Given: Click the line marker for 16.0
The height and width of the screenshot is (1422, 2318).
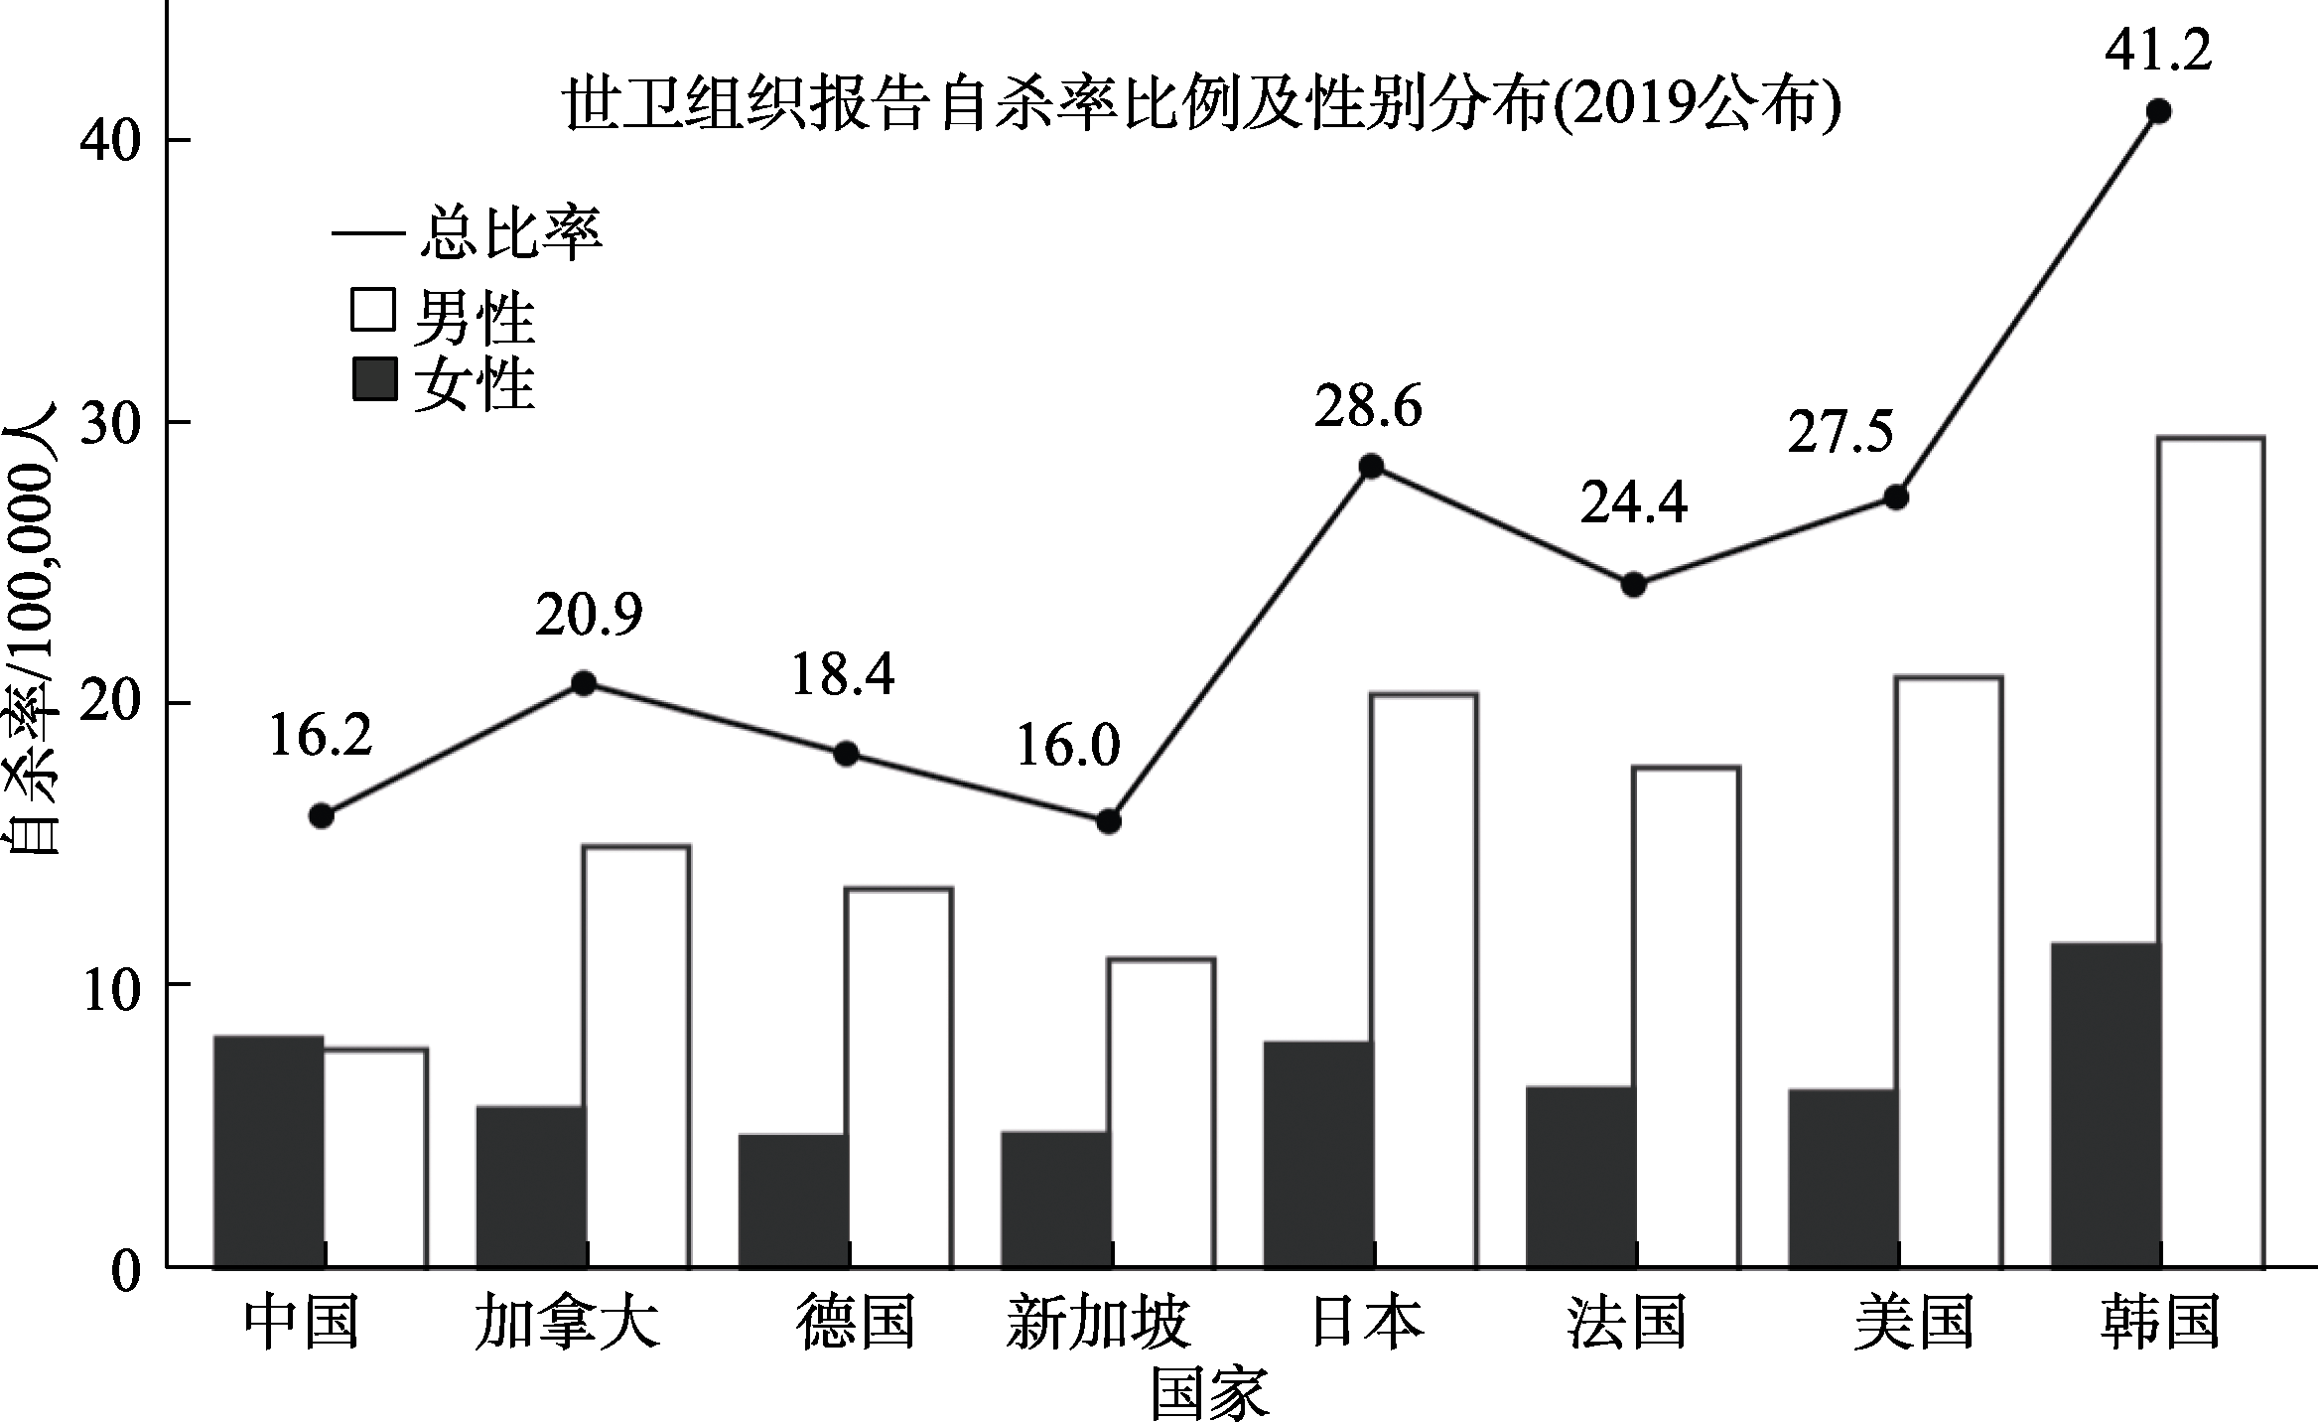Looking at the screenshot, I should (1108, 821).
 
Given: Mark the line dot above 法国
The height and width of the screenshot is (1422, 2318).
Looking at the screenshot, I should (1633, 585).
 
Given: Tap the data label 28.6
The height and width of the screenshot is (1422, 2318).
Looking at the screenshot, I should (1368, 408).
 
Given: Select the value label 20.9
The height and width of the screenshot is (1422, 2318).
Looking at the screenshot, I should (589, 615).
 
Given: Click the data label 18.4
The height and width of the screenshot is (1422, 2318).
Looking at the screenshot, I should (843, 675).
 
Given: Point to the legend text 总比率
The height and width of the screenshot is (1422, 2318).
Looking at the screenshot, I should (510, 235).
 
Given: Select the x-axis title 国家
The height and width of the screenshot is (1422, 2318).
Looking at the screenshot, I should (1209, 1394).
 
